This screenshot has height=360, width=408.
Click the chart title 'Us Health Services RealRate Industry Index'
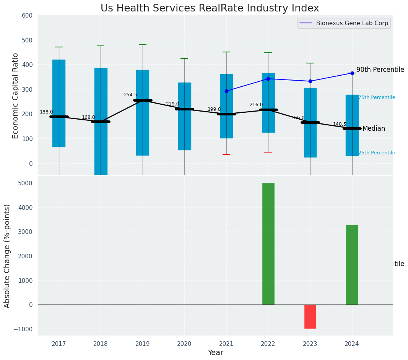pyautogui.click(x=210, y=8)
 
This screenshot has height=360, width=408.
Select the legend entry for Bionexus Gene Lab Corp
pyautogui.click(x=344, y=23)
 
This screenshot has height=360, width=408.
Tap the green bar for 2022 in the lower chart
pyautogui.click(x=268, y=244)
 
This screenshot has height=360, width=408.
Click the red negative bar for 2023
pyautogui.click(x=310, y=316)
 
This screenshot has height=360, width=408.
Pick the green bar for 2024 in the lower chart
pyautogui.click(x=352, y=264)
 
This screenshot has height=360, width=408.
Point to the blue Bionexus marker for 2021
pyautogui.click(x=226, y=91)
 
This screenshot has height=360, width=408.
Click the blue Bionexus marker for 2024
pyautogui.click(x=352, y=73)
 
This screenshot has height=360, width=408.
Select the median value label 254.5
pyautogui.click(x=130, y=95)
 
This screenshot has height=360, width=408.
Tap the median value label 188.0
pyautogui.click(x=46, y=112)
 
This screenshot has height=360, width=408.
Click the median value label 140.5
pyautogui.click(x=340, y=124)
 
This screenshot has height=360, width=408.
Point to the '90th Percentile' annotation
pyautogui.click(x=380, y=70)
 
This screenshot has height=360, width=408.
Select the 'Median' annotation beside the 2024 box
pyautogui.click(x=374, y=129)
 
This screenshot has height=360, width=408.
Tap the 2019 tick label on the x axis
pyautogui.click(x=143, y=344)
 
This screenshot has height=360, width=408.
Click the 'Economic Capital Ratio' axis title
pyautogui.click(x=16, y=96)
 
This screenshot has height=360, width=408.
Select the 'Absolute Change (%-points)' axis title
pyautogui.click(x=7, y=256)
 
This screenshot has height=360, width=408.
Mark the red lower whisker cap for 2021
pyautogui.click(x=226, y=154)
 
